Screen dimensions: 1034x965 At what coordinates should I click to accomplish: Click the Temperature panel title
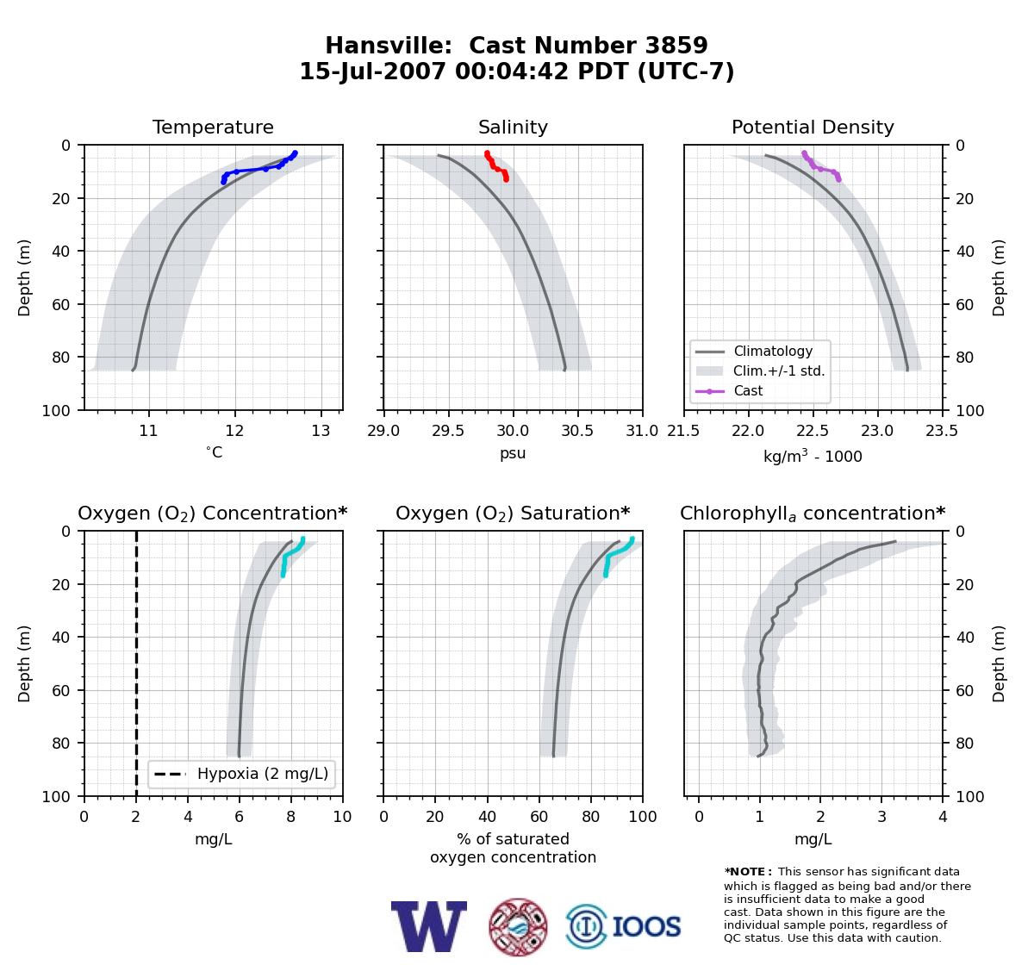(x=213, y=127)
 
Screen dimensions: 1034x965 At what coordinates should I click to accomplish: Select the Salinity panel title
(x=513, y=127)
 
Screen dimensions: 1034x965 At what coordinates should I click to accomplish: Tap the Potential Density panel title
(x=813, y=127)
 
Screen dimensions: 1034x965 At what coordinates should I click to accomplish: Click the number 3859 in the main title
(x=676, y=46)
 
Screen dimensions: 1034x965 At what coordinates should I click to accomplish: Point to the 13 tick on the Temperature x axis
(x=321, y=431)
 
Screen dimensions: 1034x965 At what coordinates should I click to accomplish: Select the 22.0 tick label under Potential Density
(x=748, y=431)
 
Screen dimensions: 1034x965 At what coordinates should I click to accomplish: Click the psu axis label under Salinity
(x=513, y=453)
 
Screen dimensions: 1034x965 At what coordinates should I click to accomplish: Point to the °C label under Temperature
(x=214, y=452)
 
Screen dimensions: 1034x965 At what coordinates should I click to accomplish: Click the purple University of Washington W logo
(x=429, y=926)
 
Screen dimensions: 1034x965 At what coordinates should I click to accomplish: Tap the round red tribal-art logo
(x=518, y=926)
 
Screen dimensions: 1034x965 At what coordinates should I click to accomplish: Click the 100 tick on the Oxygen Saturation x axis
(x=643, y=816)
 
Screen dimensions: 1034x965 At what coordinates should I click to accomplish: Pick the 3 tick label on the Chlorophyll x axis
(x=881, y=816)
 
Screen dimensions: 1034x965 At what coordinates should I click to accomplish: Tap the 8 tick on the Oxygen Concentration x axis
(x=290, y=816)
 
